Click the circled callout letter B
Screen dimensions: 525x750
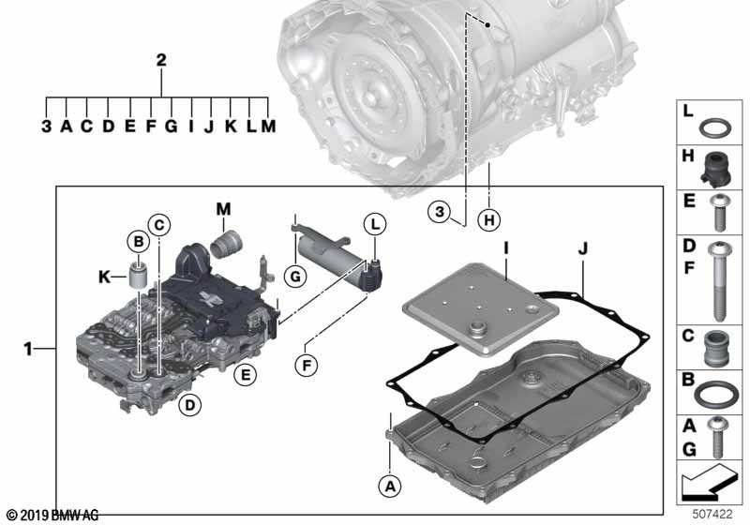click(139, 241)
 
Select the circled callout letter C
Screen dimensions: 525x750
click(160, 224)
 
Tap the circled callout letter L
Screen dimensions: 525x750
click(374, 225)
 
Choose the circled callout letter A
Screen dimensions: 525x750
click(386, 485)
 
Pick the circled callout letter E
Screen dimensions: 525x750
click(244, 375)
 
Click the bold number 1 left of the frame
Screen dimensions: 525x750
click(29, 349)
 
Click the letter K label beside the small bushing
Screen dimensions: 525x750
click(106, 277)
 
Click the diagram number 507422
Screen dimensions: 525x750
click(713, 514)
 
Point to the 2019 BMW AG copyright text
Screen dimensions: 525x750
click(52, 516)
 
